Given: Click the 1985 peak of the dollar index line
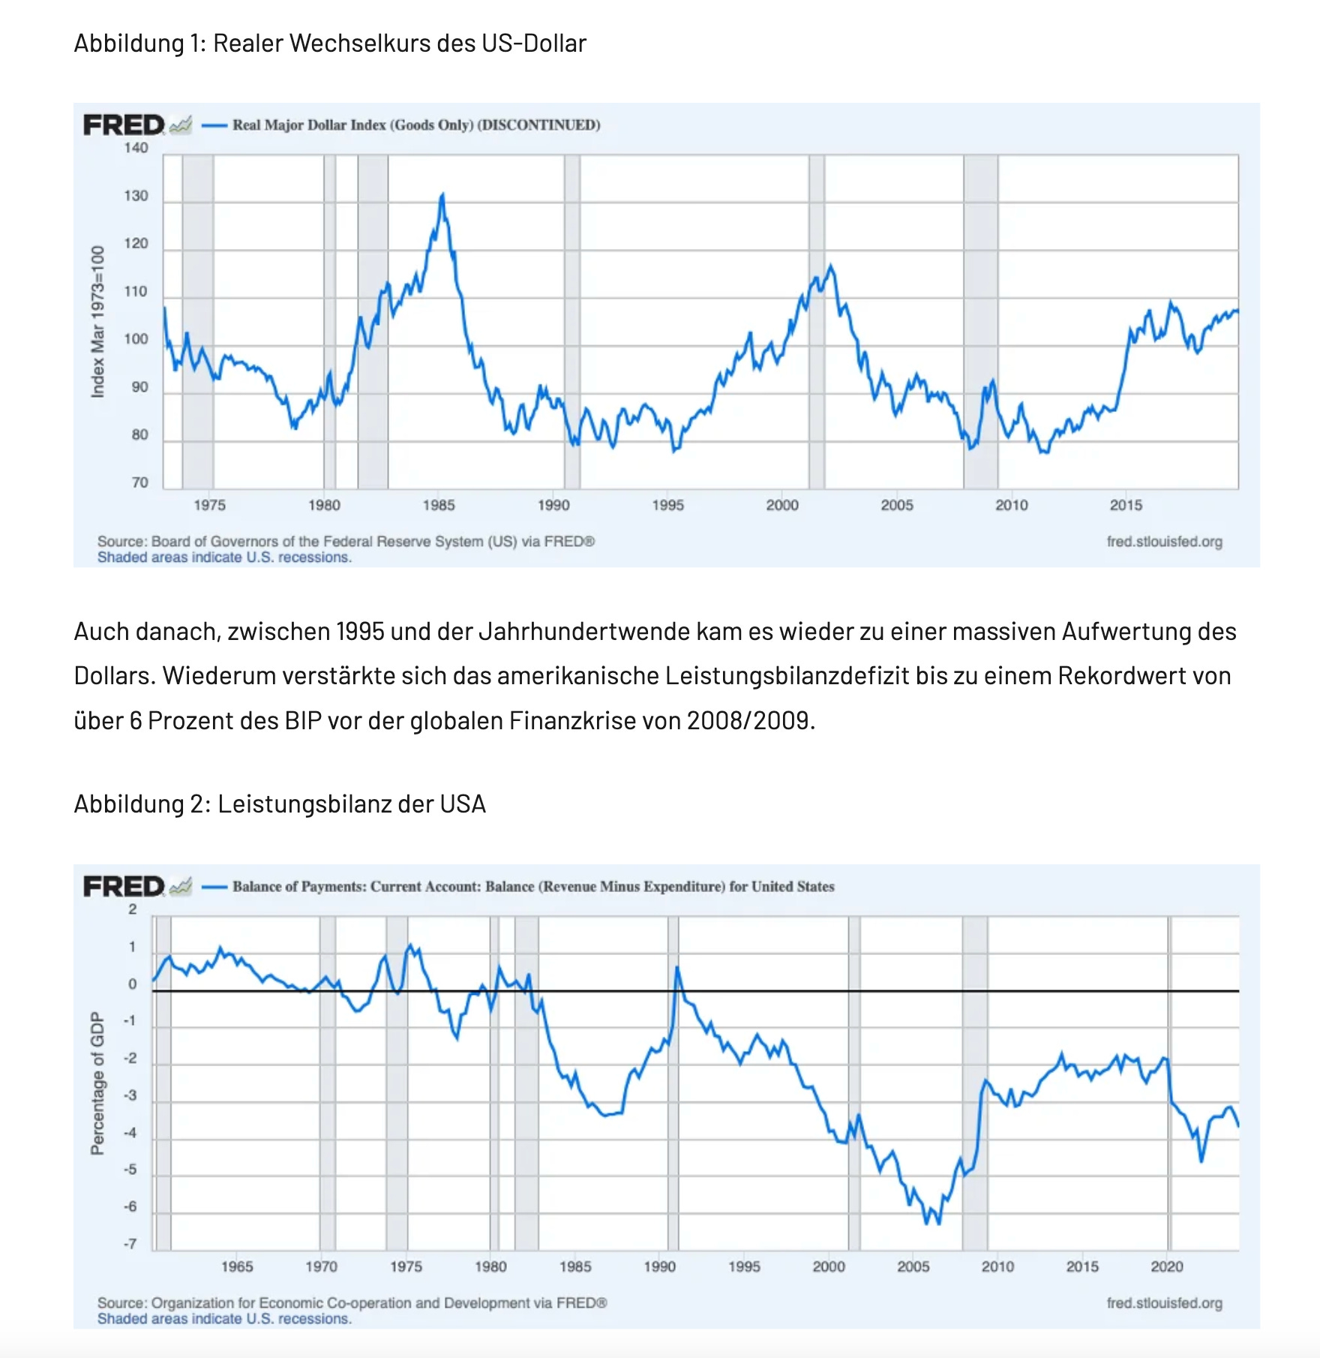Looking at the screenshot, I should click(x=442, y=195).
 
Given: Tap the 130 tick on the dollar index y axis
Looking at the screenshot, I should click(x=136, y=196).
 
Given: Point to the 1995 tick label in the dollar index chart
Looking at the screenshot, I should click(x=667, y=505).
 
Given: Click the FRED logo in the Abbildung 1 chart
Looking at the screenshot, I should click(x=124, y=125).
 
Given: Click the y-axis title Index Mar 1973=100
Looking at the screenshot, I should click(x=97, y=321).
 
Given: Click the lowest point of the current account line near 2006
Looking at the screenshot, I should click(x=928, y=1223).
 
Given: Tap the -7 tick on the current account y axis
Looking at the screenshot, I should click(x=130, y=1245).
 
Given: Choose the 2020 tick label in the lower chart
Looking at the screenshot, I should click(x=1167, y=1267).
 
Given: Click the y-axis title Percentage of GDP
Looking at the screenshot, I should click(x=97, y=1083).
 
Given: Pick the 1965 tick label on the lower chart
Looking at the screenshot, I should click(x=237, y=1267).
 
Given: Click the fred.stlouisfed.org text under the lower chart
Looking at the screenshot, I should click(x=1164, y=1303).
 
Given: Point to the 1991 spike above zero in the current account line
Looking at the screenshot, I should click(x=677, y=968).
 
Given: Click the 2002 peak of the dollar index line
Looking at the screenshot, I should click(x=830, y=266).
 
